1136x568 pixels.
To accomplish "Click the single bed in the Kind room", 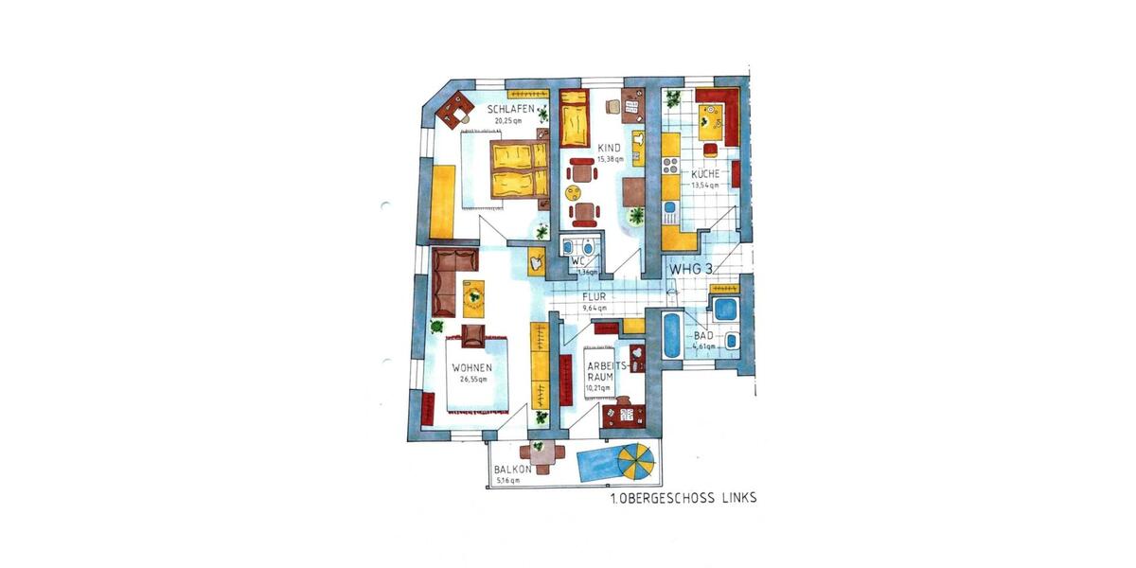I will tap(574, 121).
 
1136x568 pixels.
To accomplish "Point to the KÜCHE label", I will tap(704, 174).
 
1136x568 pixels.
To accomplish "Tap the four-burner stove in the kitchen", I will tap(670, 168).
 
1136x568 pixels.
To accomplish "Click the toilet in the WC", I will tap(568, 249).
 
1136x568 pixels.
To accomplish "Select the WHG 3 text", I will tap(692, 269).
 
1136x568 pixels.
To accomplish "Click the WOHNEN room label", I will tap(470, 368).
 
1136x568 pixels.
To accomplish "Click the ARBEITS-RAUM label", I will tap(602, 369).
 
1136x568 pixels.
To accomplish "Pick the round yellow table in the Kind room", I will tap(575, 192).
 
